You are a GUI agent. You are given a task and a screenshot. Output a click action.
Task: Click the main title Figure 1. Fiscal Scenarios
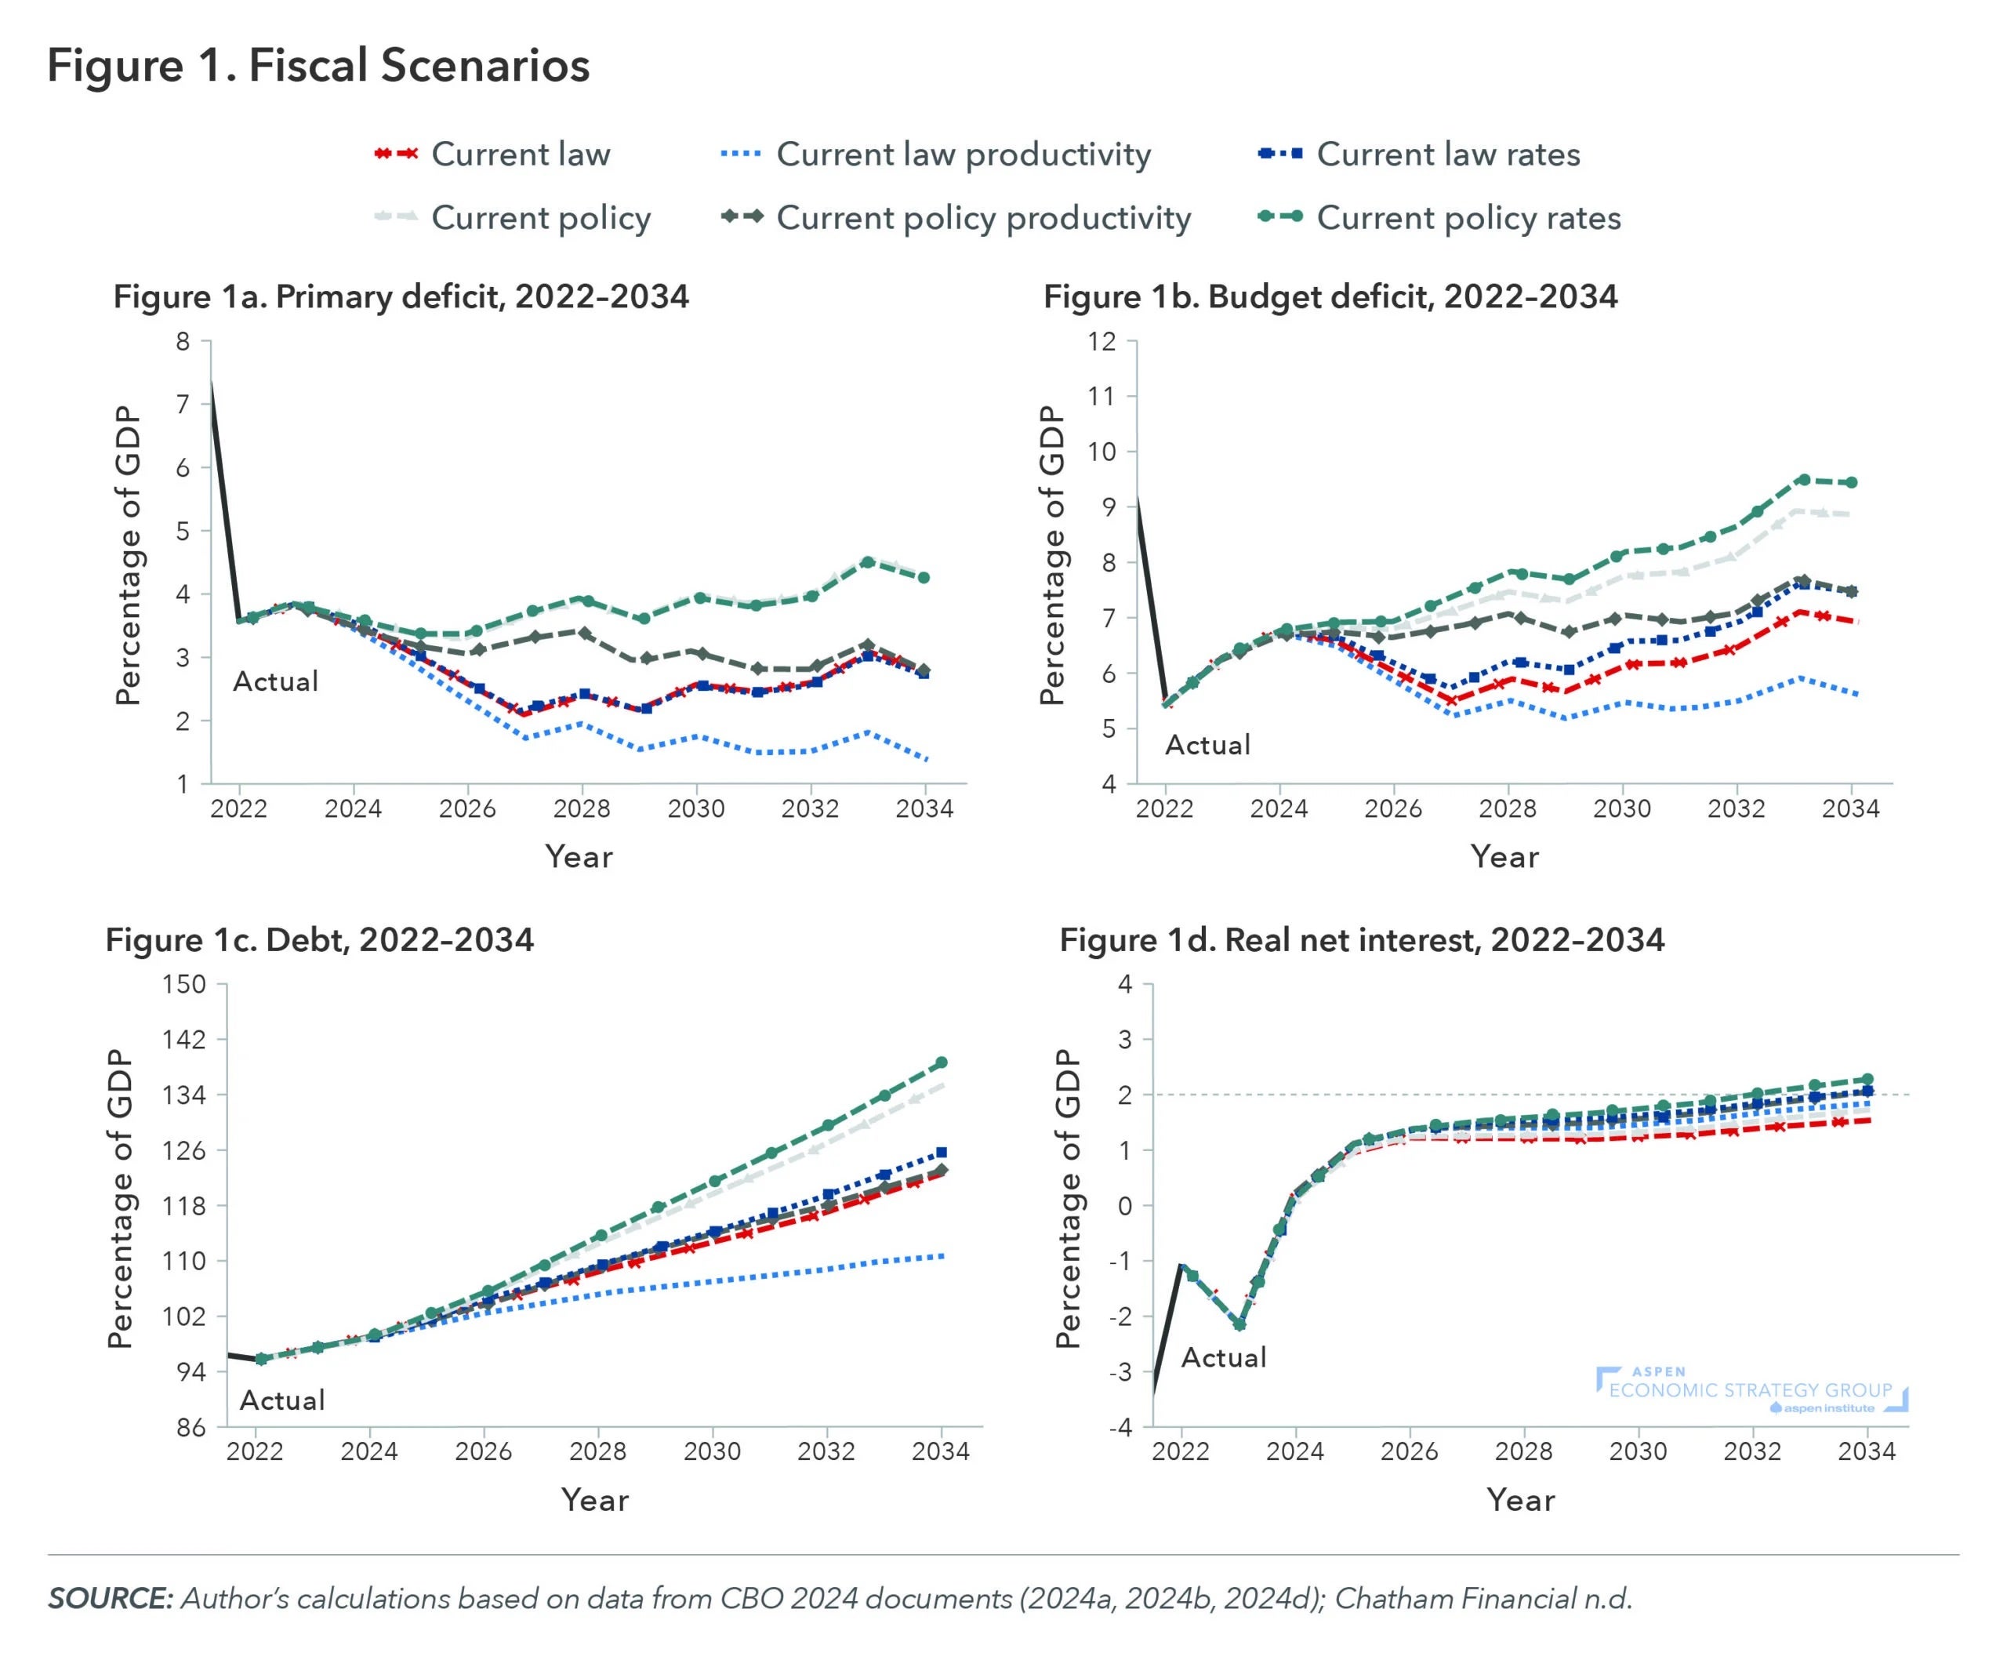tap(318, 66)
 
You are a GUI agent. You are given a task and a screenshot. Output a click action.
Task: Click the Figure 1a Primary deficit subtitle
tap(401, 296)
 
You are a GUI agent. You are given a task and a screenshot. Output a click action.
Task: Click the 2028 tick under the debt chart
tap(598, 1452)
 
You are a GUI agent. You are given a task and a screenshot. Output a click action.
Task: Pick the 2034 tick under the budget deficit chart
tap(1850, 809)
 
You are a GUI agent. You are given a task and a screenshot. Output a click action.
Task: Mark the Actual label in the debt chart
tap(282, 1400)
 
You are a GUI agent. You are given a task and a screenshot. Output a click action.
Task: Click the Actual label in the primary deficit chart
tap(276, 681)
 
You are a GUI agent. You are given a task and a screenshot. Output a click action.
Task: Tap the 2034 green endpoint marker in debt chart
tap(942, 1062)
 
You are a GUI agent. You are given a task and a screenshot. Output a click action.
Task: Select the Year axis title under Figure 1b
tap(1504, 856)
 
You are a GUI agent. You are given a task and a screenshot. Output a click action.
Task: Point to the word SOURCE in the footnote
tap(110, 1599)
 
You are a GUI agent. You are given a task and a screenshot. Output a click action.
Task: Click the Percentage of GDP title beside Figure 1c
tap(120, 1198)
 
